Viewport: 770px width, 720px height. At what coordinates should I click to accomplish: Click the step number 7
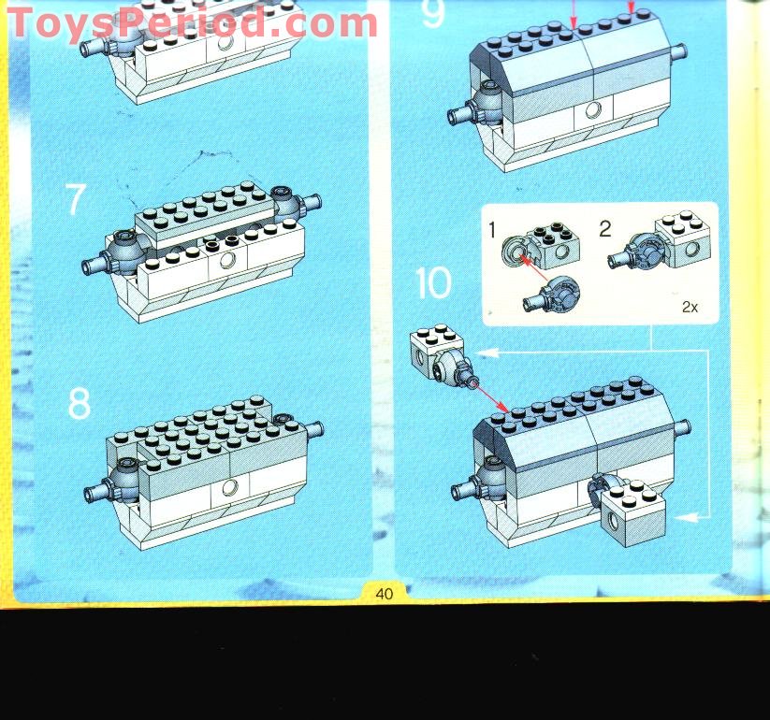(76, 201)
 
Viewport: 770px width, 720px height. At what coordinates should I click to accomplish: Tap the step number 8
(80, 403)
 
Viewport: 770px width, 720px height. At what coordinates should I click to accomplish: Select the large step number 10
(433, 283)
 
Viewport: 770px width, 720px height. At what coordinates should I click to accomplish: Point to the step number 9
(432, 14)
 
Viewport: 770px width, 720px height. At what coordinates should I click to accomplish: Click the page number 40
(385, 593)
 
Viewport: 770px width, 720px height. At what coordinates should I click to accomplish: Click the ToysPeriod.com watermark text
(192, 22)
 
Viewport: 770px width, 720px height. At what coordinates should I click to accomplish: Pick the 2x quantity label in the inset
(690, 306)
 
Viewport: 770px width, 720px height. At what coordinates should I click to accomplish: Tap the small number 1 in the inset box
(492, 227)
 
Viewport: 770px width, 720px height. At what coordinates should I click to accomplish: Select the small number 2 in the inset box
(604, 227)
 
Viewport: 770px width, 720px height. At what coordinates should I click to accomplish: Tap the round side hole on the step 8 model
(227, 488)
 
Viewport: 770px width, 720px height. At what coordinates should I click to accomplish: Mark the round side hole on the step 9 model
(591, 110)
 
